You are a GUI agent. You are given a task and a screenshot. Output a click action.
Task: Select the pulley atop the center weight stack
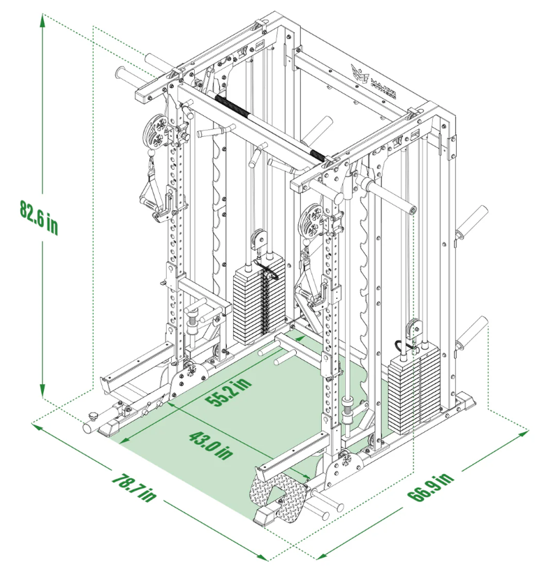[x=258, y=238]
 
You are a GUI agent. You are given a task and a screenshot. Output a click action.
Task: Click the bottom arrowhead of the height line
[x=43, y=395]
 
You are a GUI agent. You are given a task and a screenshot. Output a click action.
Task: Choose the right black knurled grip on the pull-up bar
[x=318, y=154]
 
